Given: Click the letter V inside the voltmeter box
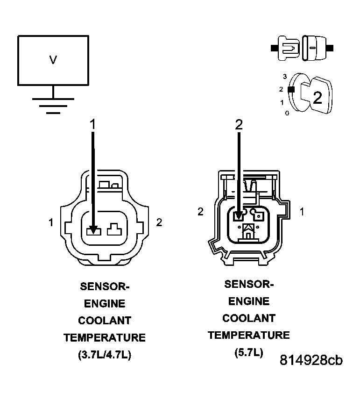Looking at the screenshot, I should tap(53, 60).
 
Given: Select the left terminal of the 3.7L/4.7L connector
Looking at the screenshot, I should tap(93, 229).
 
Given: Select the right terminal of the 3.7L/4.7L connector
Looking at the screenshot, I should tap(114, 229).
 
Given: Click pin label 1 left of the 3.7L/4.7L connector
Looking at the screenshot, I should tap(51, 222).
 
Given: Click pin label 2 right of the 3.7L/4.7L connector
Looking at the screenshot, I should tap(159, 222).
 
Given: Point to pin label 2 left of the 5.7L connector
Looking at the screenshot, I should tap(200, 212).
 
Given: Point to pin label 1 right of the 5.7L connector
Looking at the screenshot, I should tap(302, 212).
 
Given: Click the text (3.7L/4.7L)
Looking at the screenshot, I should tap(105, 355).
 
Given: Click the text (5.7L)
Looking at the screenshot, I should tap(249, 352).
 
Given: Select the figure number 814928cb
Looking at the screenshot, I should tap(311, 360).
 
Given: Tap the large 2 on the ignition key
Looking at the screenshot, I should tap(317, 97).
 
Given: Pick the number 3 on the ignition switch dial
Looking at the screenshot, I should tap(284, 76).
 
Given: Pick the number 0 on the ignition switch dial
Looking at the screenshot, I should tap(287, 113).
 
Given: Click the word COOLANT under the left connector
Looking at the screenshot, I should tap(105, 321).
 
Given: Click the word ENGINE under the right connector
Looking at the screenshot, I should tap(249, 301).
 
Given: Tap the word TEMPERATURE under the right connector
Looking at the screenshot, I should tap(249, 336).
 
